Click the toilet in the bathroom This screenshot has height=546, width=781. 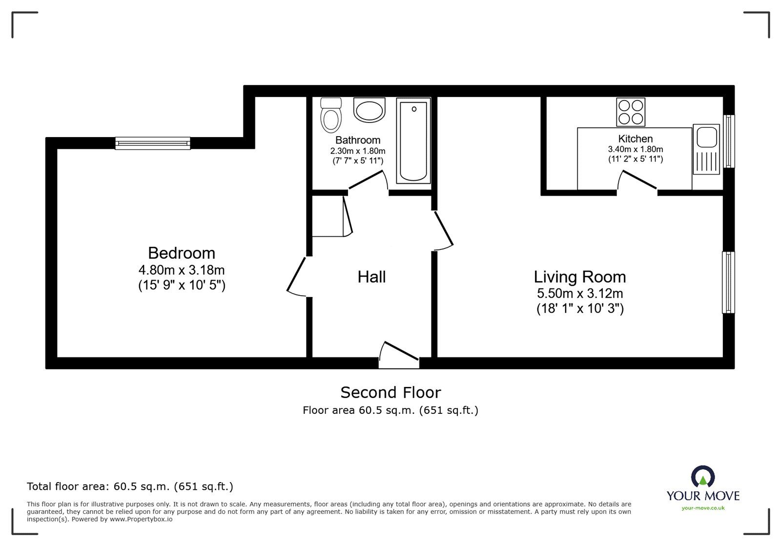[x=330, y=115]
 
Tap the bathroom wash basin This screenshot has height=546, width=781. [x=370, y=111]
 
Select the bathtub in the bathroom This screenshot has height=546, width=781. [x=413, y=141]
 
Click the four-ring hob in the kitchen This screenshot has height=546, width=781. [x=631, y=112]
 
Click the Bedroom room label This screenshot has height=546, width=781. [x=181, y=253]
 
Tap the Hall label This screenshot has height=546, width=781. [x=371, y=277]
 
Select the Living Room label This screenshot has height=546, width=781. [x=579, y=277]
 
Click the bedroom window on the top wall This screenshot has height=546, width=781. [x=153, y=143]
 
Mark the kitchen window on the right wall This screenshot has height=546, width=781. [x=728, y=141]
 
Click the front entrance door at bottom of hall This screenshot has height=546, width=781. [x=399, y=354]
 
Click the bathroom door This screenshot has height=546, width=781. [x=369, y=182]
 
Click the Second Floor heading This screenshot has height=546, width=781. [x=390, y=392]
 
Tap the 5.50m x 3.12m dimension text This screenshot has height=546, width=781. [x=579, y=294]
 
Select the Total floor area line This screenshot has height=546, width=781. [x=130, y=486]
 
